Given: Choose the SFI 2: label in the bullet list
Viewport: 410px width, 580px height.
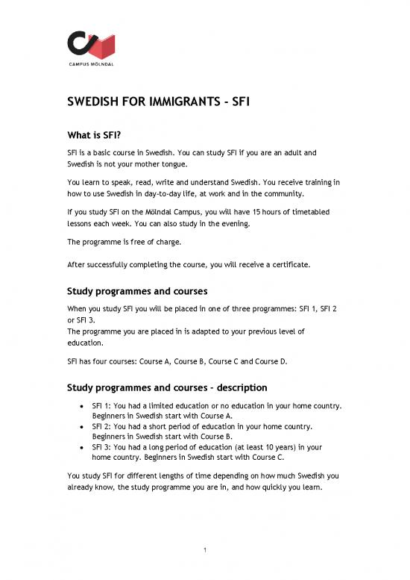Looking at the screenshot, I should (x=104, y=427).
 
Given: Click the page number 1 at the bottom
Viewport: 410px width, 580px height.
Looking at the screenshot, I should (x=205, y=552).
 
